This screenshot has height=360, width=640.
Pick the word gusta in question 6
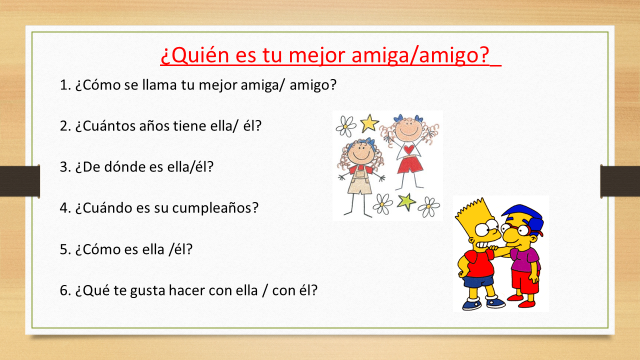click(156, 291)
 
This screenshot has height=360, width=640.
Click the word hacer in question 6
click(199, 291)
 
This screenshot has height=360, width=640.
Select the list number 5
click(65, 249)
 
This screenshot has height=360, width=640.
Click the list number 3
click(65, 166)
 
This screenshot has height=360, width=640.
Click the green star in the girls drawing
click(406, 202)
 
